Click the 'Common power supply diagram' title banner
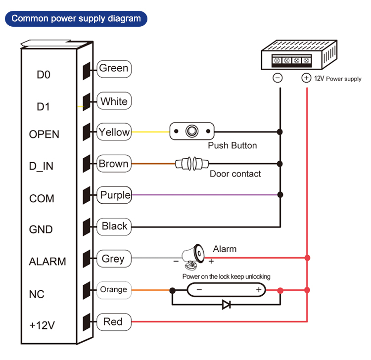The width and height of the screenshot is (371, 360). pyautogui.click(x=76, y=19)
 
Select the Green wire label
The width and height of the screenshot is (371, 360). pyautogui.click(x=113, y=68)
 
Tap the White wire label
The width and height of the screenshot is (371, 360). pyautogui.click(x=114, y=101)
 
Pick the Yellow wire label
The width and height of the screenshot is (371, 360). pyautogui.click(x=114, y=132)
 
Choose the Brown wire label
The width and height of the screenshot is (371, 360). pyautogui.click(x=114, y=164)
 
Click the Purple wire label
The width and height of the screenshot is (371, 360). pyautogui.click(x=115, y=195)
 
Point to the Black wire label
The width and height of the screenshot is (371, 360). pyautogui.click(x=114, y=226)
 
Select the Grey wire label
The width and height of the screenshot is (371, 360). pyautogui.click(x=113, y=259)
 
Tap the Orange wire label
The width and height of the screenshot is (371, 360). pyautogui.click(x=113, y=289)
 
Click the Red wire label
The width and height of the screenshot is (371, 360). pyautogui.click(x=113, y=322)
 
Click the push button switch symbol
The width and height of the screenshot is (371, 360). pyautogui.click(x=192, y=132)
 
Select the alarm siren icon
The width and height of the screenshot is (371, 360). pyautogui.click(x=192, y=254)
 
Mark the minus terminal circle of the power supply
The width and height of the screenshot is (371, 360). pyautogui.click(x=278, y=78)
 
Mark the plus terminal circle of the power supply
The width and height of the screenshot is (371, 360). pyautogui.click(x=306, y=78)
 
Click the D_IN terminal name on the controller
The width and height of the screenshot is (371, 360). pyautogui.click(x=41, y=166)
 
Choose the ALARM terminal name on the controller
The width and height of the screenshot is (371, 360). pyautogui.click(x=47, y=262)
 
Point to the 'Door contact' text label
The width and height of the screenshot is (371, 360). pyautogui.click(x=235, y=174)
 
